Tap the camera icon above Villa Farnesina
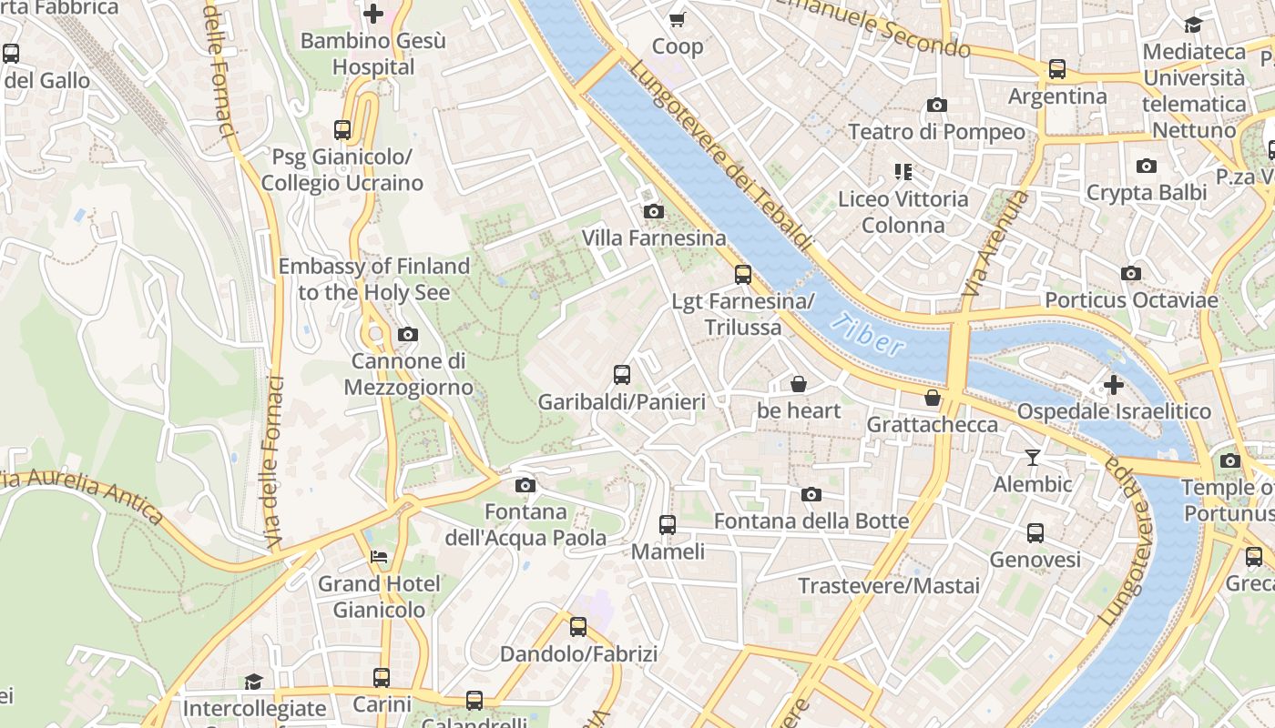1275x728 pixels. coord(653,212)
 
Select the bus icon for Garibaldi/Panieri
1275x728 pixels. coord(622,374)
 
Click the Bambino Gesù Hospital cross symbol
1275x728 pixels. coord(373,14)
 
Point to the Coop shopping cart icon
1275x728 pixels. coord(677,19)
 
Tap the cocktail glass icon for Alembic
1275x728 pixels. coord(1032,457)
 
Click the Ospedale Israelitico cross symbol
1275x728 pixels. coord(1113,385)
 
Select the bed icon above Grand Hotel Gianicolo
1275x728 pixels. coord(379,557)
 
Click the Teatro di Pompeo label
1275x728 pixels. coord(936,132)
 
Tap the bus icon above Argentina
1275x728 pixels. coord(1057,68)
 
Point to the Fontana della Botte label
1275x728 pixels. coord(811,521)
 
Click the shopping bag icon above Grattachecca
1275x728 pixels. coord(932,398)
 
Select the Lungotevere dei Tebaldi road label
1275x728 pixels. coord(719,155)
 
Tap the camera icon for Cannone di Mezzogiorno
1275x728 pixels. coord(408,335)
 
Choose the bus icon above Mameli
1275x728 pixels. coord(668,524)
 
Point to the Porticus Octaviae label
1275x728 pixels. coord(1131,300)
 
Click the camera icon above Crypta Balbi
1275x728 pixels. coord(1146,166)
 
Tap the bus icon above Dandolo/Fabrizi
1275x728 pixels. coord(578,626)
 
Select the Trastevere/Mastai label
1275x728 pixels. coord(889,586)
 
